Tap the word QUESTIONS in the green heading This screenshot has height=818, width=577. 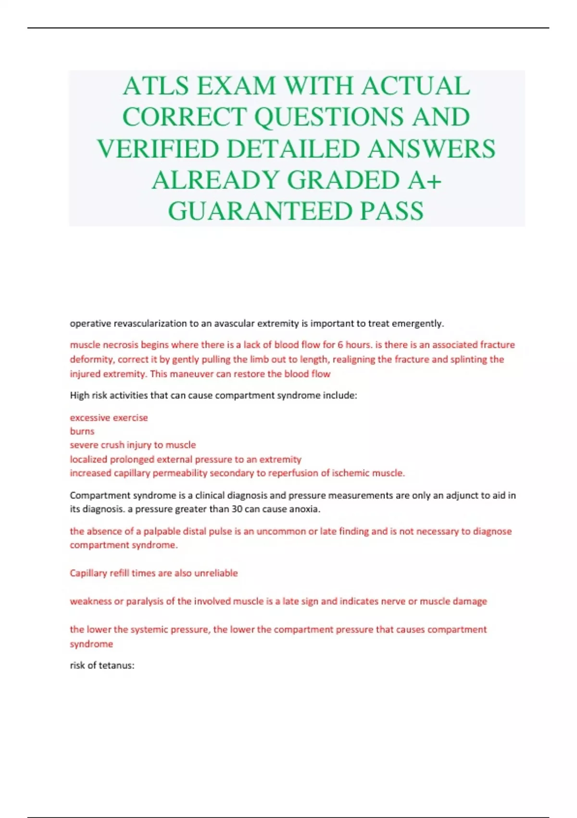tap(329, 117)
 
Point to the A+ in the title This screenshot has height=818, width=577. tap(424, 180)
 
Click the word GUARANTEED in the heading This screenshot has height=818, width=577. tap(260, 211)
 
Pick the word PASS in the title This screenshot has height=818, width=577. tap(392, 211)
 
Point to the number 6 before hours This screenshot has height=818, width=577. tap(340, 345)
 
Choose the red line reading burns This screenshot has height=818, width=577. tap(82, 431)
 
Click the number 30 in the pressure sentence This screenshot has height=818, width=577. tap(237, 509)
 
